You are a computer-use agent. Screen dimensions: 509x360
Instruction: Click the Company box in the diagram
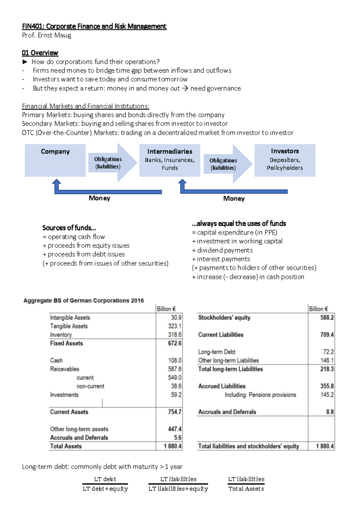point(55,160)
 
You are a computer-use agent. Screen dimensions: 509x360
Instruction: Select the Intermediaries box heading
point(169,151)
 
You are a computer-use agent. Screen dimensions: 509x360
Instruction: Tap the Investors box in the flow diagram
point(285,160)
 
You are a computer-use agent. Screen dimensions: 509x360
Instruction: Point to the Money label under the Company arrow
point(99,198)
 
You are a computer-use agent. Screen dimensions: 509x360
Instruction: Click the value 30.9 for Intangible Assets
point(176,318)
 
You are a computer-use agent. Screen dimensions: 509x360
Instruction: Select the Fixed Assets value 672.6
point(175,343)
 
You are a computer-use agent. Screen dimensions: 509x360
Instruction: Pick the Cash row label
point(56,360)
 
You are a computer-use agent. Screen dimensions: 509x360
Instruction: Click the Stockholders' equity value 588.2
point(327,318)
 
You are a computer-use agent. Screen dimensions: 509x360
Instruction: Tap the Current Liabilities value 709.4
point(327,335)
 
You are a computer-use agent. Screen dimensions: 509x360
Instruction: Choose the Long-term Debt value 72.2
point(328,352)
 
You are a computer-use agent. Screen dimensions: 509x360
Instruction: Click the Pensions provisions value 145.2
point(327,395)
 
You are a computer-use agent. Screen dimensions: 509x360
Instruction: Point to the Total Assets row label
point(66,446)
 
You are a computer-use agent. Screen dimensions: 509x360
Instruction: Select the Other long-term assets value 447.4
point(175,429)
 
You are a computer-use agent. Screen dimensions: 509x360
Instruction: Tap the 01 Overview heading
point(40,53)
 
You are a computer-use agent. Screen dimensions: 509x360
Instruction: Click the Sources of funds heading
point(69,228)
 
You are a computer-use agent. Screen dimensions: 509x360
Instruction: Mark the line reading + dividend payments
point(222,250)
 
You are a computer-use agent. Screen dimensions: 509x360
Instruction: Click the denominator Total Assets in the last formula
point(246,489)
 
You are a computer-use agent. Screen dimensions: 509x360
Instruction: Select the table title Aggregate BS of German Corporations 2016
point(83,300)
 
